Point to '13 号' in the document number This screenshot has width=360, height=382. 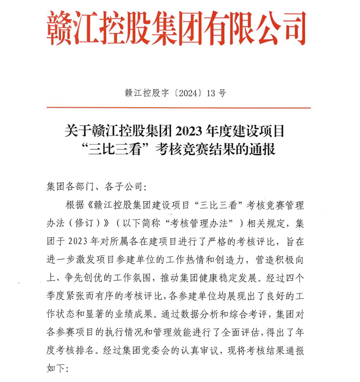click(x=216, y=93)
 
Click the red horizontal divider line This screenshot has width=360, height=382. click(x=178, y=107)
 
